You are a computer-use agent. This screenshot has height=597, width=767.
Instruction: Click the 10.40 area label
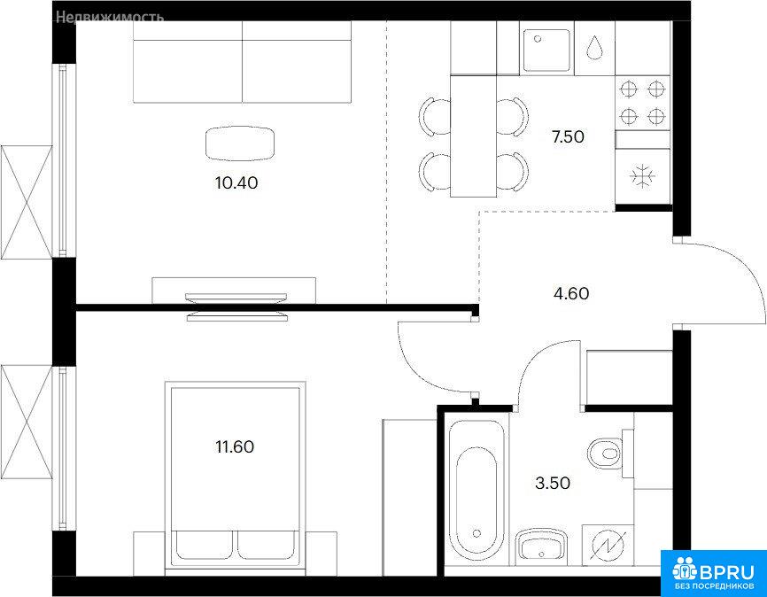pos(236,183)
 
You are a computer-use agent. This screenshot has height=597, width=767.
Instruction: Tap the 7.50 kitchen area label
pos(568,137)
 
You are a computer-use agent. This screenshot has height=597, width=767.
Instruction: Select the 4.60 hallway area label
pos(571,293)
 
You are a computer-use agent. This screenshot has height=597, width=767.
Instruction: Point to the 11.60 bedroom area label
pos(235,446)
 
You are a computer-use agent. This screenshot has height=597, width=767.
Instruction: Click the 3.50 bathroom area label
pos(553,484)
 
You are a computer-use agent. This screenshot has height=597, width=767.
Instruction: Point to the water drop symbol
pos(594,48)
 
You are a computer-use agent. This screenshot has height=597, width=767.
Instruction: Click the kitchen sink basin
pos(546,50)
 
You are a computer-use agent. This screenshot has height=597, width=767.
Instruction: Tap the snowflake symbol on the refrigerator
pos(642,176)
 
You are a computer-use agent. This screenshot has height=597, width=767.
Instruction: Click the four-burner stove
pos(643,103)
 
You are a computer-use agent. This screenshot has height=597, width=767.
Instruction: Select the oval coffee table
pos(240,143)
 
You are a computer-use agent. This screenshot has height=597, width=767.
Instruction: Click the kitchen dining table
pos(474,136)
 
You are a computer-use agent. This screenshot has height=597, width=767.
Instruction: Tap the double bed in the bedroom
pos(235,475)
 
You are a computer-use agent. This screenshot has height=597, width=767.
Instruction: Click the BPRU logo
pos(714,572)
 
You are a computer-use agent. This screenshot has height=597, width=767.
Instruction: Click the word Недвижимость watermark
pos(110,18)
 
